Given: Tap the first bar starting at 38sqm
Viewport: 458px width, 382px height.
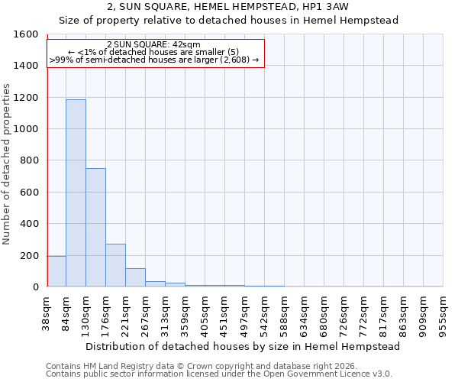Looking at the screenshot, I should tap(56, 271).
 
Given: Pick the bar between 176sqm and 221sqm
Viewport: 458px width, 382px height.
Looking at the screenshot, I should tap(115, 265).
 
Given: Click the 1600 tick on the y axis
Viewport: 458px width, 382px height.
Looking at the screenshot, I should tap(26, 34).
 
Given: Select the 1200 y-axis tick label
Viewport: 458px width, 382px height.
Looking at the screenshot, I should tap(26, 98).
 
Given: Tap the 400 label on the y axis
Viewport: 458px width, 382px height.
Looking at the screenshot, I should tap(29, 224).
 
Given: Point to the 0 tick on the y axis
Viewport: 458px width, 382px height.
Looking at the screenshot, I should tap(35, 287).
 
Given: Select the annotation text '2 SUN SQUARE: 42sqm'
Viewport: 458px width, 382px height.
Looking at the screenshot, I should tap(154, 44).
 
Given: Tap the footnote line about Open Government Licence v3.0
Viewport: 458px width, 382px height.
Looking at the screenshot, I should tap(219, 374).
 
